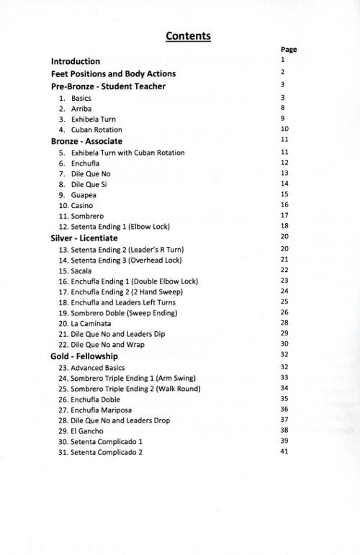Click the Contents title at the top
point(188,35)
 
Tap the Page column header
point(289,50)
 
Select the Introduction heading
point(76,61)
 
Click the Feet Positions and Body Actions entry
point(113,73)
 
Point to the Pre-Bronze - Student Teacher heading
point(108,86)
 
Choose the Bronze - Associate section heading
point(86,141)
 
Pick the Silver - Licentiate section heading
point(84,238)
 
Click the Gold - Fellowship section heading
point(84,356)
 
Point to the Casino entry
point(81,205)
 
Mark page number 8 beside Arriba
point(284,107)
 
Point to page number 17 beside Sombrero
point(284,215)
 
